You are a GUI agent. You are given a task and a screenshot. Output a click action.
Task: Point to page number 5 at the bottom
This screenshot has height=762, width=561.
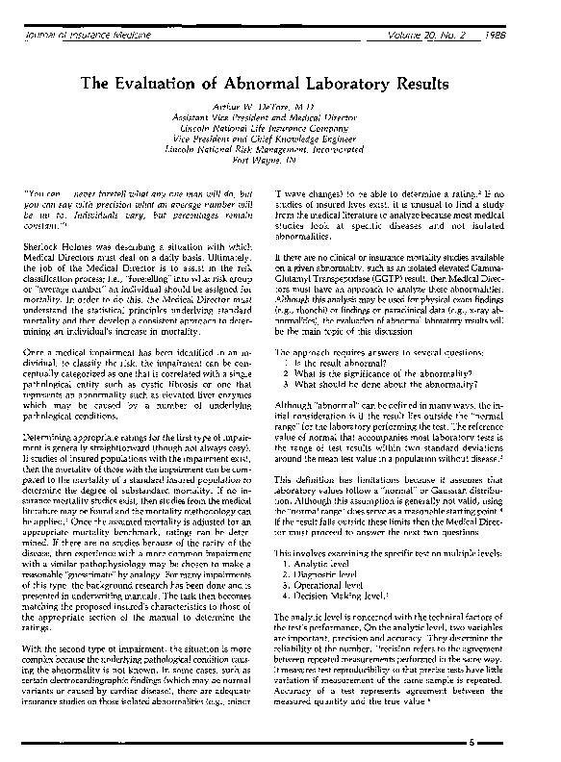[497, 744]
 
